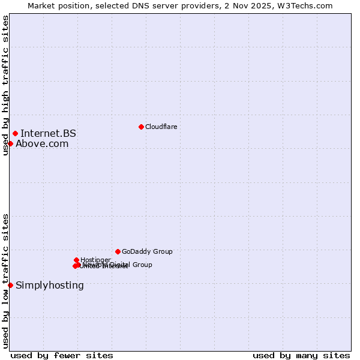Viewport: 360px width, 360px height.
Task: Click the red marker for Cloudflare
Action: click(x=141, y=127)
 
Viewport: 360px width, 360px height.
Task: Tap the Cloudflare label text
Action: click(x=161, y=127)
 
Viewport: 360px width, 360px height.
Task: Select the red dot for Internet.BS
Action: click(x=15, y=133)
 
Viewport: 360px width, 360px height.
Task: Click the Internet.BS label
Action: click(x=48, y=134)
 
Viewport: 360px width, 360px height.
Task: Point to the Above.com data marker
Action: click(x=10, y=143)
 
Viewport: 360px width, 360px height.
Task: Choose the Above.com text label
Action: click(x=42, y=143)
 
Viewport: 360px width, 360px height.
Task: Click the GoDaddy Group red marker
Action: click(x=118, y=251)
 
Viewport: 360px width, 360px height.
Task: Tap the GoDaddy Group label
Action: click(x=147, y=251)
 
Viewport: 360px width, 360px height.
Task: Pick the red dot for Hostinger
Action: click(x=76, y=260)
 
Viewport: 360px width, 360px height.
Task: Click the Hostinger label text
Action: click(x=95, y=260)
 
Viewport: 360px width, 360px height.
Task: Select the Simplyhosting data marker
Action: click(x=10, y=285)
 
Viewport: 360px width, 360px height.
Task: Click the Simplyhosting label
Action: click(x=50, y=285)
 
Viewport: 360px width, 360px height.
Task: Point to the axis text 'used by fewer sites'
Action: click(x=62, y=355)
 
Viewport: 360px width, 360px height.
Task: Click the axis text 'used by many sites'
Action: click(x=301, y=355)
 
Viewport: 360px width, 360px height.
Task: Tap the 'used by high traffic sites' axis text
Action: click(x=5, y=85)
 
